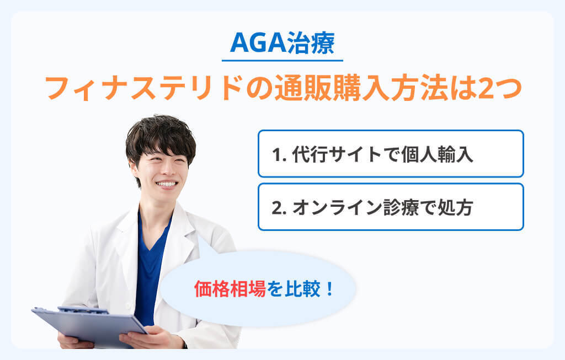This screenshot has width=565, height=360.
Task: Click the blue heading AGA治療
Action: pyautogui.click(x=282, y=42)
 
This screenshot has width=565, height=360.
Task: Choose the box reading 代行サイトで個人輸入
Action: pyautogui.click(x=391, y=154)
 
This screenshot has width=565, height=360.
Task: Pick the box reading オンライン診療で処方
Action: pyautogui.click(x=391, y=207)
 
